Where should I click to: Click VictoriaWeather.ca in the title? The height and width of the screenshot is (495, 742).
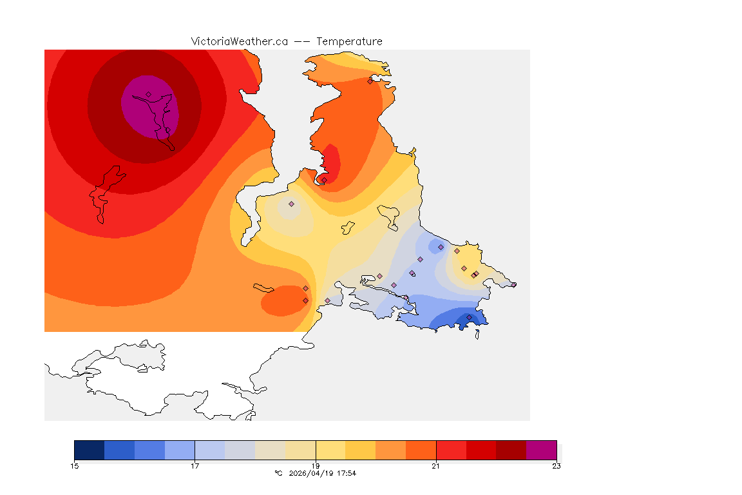239,41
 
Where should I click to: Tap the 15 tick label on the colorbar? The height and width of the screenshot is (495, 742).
75,466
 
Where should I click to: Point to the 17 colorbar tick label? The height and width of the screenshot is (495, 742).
195,466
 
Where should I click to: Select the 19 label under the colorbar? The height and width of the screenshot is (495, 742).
316,466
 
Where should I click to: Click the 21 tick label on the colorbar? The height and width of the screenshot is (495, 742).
436,466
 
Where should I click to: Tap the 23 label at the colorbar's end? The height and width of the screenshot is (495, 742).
556,466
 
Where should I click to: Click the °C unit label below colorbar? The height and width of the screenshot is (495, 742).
278,474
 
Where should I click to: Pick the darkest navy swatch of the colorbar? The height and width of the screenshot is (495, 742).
90,449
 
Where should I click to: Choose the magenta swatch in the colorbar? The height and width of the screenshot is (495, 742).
541,449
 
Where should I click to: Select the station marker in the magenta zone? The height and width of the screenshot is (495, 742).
148,94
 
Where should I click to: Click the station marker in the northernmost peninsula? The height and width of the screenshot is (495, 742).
370,81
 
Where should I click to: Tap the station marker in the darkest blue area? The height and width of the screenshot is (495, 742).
469,317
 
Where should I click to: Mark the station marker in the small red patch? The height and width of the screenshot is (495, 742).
324,180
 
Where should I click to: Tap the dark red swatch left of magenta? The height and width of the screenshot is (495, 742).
511,449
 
